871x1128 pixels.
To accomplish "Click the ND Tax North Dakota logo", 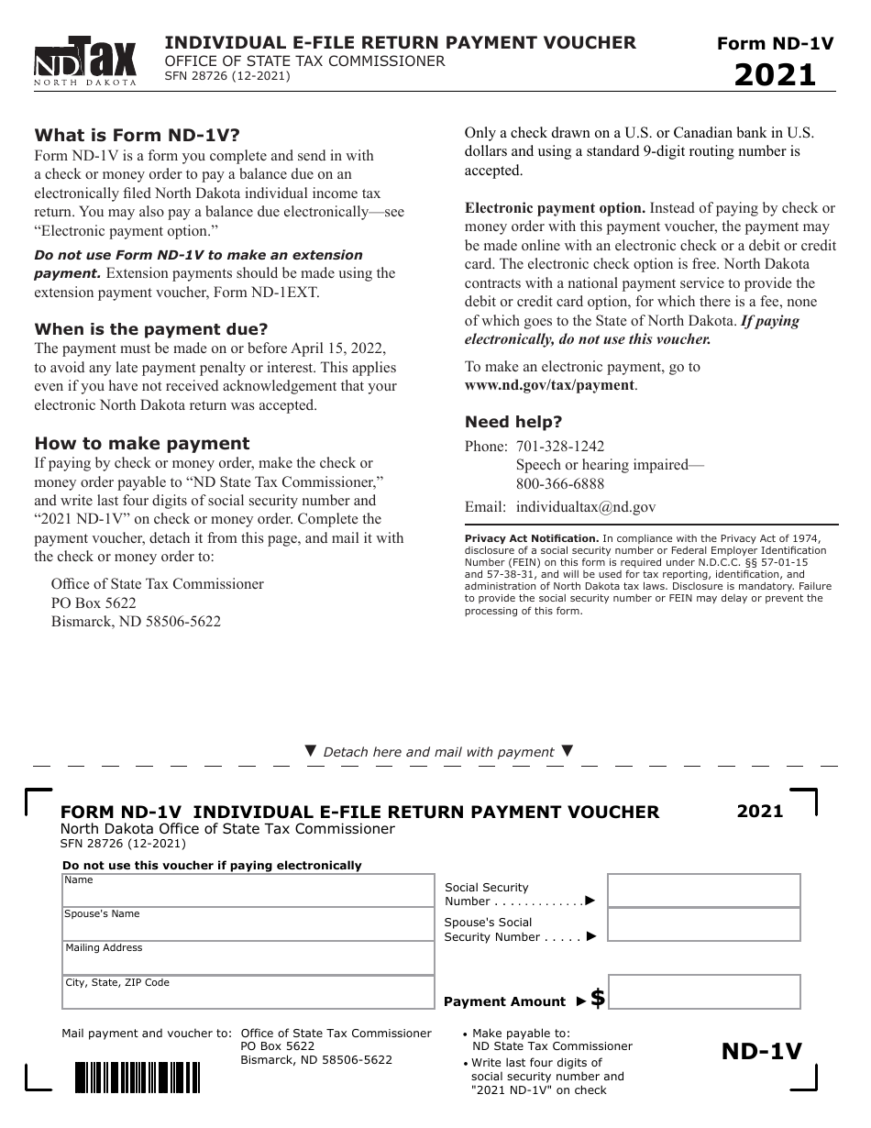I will (85, 61).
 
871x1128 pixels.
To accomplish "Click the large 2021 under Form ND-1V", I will (775, 74).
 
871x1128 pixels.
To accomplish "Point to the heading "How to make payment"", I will (142, 443).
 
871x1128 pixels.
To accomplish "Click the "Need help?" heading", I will (513, 422).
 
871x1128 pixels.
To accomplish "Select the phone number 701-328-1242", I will (560, 447).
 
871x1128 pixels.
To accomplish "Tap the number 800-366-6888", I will (560, 484).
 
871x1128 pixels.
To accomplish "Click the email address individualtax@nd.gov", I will (586, 506).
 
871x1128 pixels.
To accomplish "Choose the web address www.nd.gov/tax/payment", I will (549, 385).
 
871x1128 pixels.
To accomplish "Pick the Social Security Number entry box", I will (703, 890).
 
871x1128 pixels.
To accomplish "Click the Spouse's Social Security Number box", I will (703, 924).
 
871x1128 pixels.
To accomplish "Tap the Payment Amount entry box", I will (703, 992).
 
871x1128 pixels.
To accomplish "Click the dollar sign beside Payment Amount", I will (598, 999).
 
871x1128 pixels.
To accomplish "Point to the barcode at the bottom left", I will (137, 1077).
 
